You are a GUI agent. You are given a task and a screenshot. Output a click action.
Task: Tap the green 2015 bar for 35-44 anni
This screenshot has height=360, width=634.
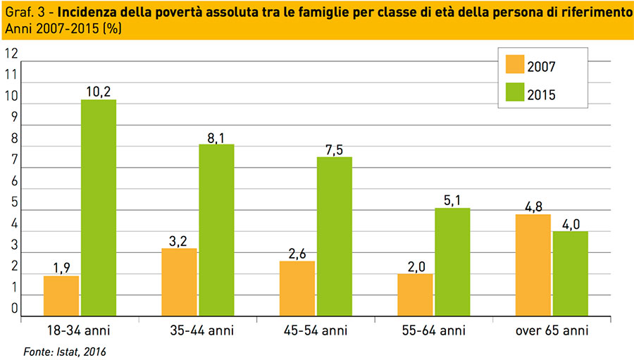216,230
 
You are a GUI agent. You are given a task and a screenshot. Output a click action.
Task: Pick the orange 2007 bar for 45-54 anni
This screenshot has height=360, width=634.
297,289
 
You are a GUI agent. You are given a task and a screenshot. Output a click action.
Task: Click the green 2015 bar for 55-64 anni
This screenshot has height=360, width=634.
452,262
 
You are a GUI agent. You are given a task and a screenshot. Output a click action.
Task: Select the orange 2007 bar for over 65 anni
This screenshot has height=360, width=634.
533,265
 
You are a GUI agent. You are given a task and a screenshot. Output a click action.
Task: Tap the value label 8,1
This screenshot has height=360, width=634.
216,135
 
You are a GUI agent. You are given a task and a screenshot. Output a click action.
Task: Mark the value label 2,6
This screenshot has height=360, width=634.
297,252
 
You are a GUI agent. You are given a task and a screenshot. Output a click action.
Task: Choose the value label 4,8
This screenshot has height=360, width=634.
533,206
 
